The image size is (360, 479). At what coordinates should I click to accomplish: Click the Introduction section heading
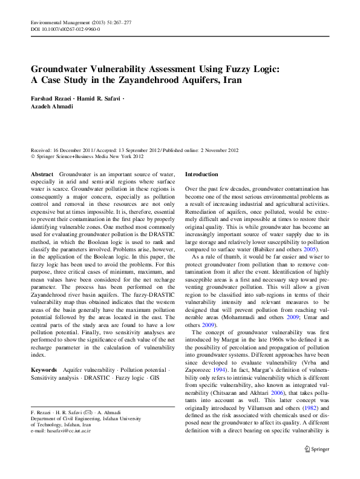click(x=201, y=174)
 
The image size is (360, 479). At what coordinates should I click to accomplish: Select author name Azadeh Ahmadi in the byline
click(x=51, y=106)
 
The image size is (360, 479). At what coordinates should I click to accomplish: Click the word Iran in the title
click(x=236, y=79)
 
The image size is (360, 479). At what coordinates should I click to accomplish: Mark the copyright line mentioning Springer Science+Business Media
click(x=87, y=156)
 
